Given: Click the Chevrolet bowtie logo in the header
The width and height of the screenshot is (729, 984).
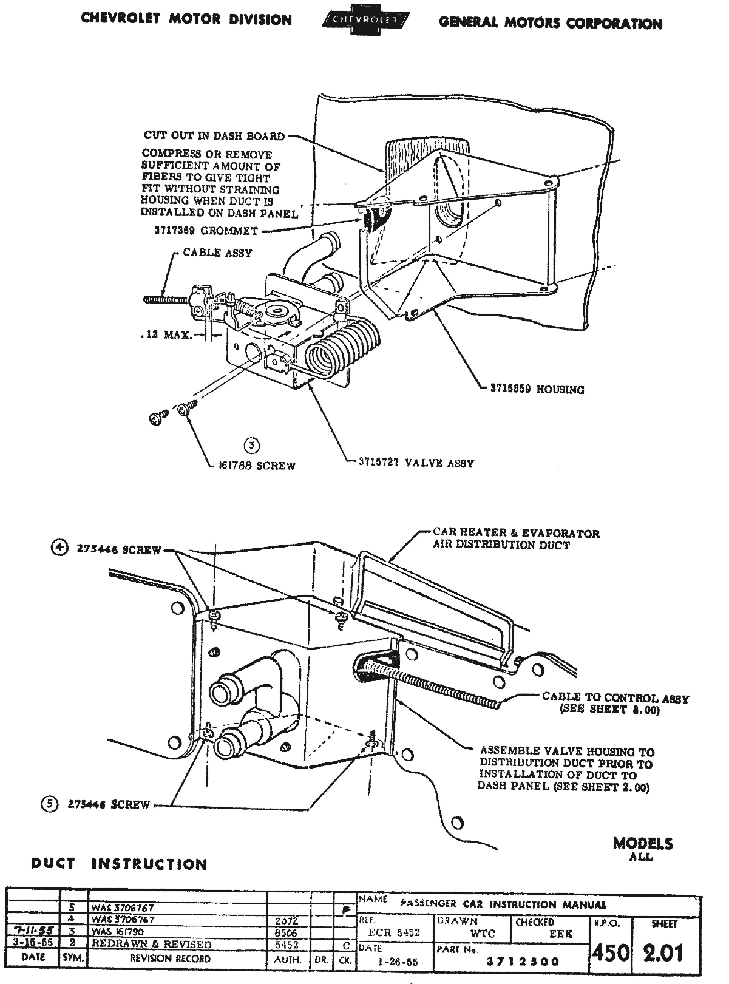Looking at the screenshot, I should pos(365,21).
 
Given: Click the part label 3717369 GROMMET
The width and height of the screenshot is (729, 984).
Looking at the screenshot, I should pos(206,231).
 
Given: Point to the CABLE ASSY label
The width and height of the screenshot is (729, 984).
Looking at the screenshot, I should pos(217,253).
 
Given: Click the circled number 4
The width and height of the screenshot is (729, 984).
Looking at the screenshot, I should pos(59,548).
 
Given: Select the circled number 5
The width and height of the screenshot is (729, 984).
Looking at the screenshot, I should pos(49,804).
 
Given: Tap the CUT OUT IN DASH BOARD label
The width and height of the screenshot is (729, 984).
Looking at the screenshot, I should pos(214,135).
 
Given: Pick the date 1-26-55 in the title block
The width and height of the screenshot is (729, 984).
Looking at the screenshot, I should pos(395,962).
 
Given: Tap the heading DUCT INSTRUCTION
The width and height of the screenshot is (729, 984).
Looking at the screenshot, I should pos(119,864).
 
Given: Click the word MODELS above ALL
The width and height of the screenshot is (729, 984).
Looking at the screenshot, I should pos(643,843).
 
